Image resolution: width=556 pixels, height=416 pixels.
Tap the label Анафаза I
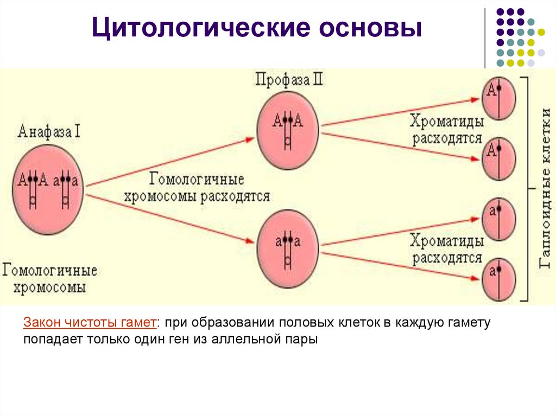[49, 131]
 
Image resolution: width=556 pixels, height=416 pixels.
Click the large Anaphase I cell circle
[49, 187]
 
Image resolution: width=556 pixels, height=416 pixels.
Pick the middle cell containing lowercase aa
[288, 247]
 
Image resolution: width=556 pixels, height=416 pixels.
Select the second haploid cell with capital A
[498, 158]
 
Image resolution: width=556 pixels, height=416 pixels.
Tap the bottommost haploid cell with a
[498, 279]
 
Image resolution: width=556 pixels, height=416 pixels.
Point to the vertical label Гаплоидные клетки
[545, 187]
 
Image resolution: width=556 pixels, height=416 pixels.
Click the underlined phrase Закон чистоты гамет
[90, 323]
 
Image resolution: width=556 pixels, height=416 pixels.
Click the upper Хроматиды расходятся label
[446, 129]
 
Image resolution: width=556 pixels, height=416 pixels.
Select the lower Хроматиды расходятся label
[446, 248]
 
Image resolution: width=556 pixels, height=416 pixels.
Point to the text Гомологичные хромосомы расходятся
[197, 187]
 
